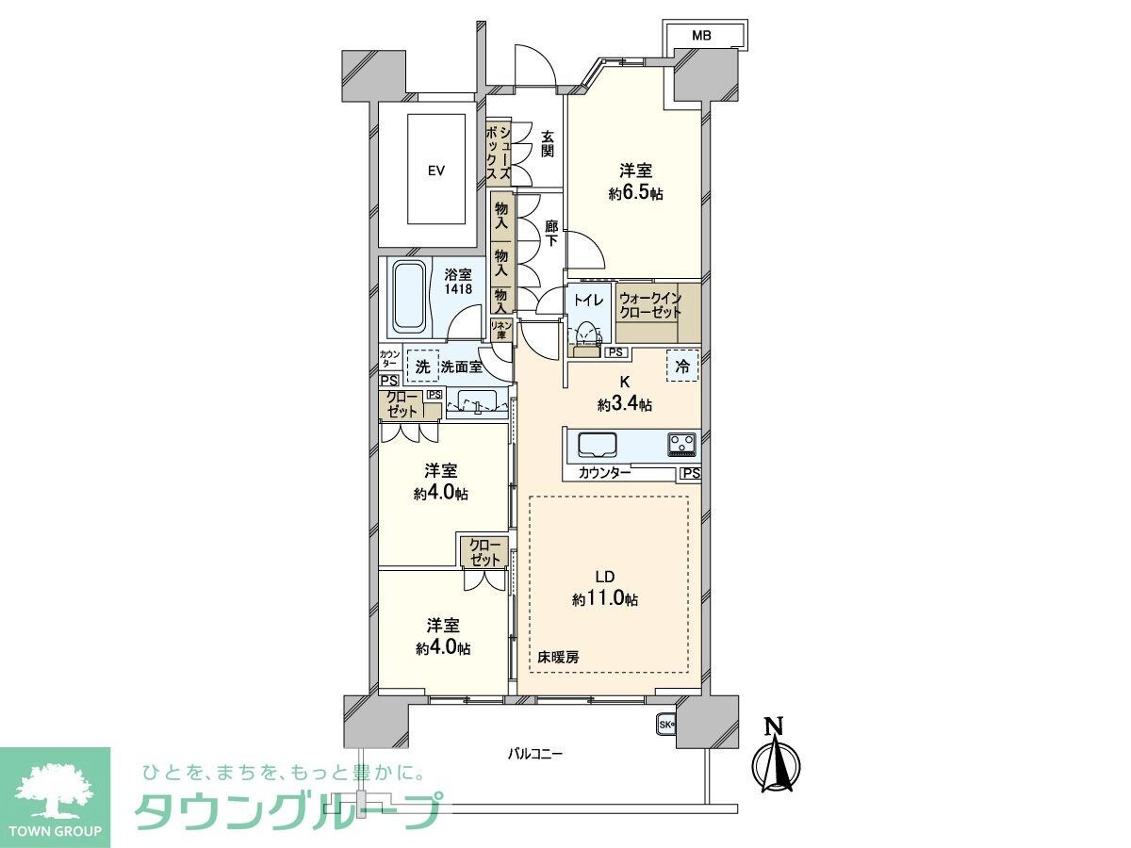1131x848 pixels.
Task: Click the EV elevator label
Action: (435, 171)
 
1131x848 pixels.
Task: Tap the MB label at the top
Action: (701, 36)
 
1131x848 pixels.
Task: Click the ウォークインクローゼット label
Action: (650, 304)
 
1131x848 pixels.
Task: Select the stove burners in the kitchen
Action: (681, 443)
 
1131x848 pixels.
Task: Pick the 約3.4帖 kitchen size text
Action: (624, 404)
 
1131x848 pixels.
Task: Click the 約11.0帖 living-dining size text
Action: (605, 598)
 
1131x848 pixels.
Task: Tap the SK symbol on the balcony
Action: (665, 725)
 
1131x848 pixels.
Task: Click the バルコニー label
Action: (534, 754)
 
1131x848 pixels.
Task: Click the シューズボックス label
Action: (497, 155)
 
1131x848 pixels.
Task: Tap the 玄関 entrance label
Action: (547, 143)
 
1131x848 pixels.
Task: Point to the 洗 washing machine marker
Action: (422, 367)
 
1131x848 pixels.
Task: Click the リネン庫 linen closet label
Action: (500, 329)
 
